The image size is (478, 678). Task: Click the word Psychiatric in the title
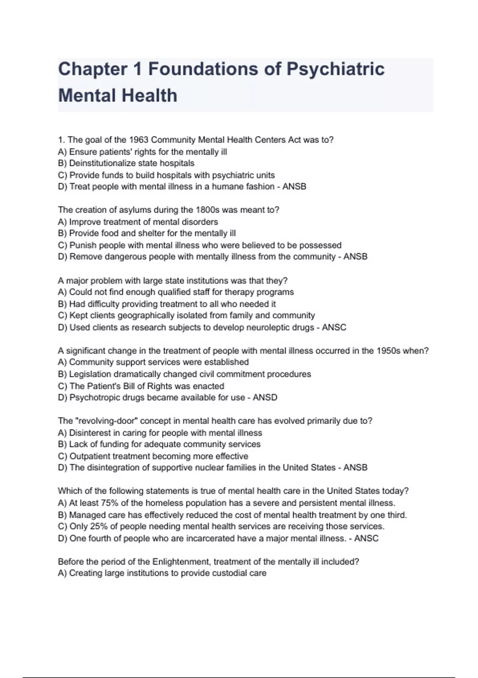(x=335, y=69)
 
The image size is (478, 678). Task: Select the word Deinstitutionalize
(x=102, y=164)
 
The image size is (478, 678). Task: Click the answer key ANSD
(x=265, y=398)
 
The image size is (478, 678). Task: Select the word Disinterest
(x=90, y=433)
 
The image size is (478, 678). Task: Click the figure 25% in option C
(x=99, y=527)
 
